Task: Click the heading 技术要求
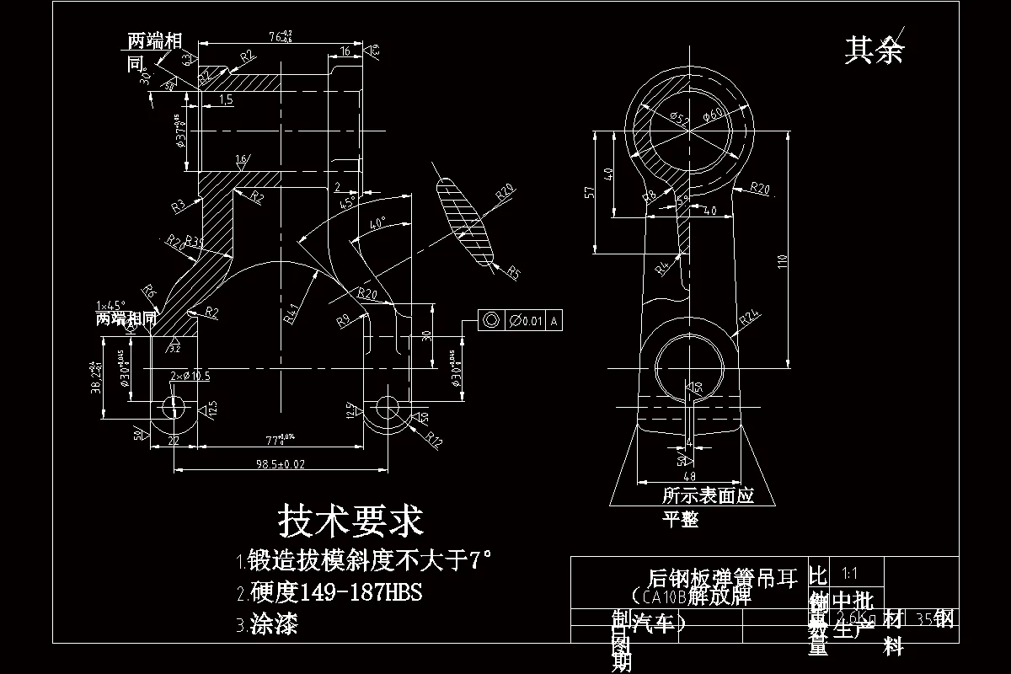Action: pyautogui.click(x=350, y=522)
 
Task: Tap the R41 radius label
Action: pyautogui.click(x=292, y=313)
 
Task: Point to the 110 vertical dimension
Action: pyautogui.click(x=781, y=261)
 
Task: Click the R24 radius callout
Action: pyautogui.click(x=750, y=319)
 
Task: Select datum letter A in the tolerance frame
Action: pyautogui.click(x=554, y=320)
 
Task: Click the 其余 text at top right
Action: pyautogui.click(x=874, y=51)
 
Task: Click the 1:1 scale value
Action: pyautogui.click(x=849, y=574)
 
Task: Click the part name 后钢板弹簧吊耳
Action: pyautogui.click(x=721, y=578)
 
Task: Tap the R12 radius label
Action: pyautogui.click(x=435, y=439)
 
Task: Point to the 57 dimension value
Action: pyautogui.click(x=590, y=192)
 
